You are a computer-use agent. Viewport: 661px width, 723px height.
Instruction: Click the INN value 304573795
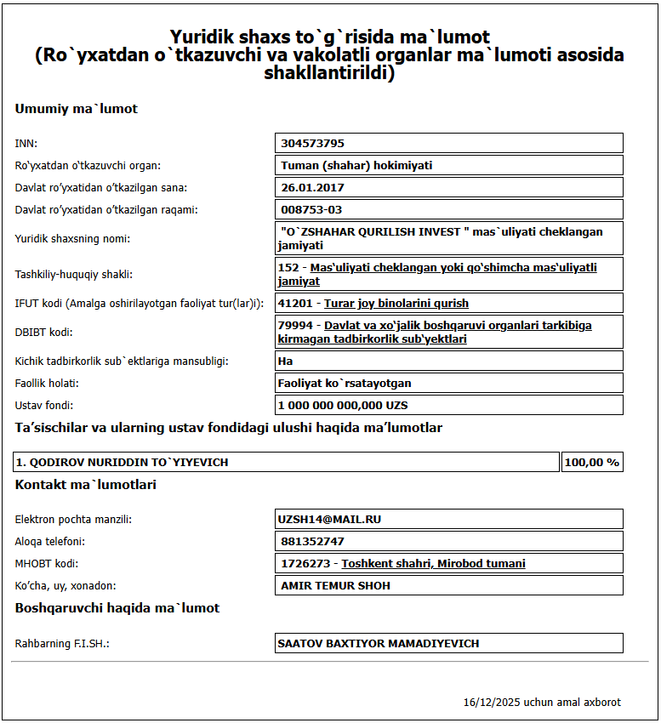coord(312,144)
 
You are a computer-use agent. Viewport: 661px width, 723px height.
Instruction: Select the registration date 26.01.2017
coord(312,188)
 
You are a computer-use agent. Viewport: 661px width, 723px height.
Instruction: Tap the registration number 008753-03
coord(311,210)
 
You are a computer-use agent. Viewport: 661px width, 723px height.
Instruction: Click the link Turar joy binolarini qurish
coord(396,304)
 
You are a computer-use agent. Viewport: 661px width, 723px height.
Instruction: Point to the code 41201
coord(293,304)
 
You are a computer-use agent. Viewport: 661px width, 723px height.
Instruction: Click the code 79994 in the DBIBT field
coord(293,326)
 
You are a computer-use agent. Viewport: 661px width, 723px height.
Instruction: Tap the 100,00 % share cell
coord(590,463)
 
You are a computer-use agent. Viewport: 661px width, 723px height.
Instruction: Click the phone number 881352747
coord(312,541)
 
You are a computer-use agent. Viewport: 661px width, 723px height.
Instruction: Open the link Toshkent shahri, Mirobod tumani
coord(433,564)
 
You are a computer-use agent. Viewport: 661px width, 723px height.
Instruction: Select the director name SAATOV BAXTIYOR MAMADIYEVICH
coord(378,644)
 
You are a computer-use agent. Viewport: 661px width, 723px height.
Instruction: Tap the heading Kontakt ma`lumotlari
coord(85,485)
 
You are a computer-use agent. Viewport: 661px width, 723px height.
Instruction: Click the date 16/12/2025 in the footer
coord(491,703)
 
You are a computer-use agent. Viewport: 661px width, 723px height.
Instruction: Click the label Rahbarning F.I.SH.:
coord(62,644)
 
